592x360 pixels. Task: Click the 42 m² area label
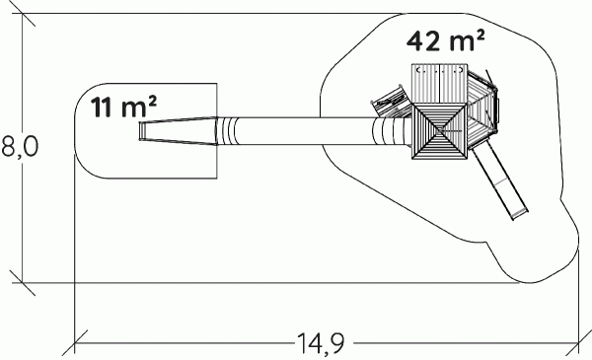[446, 40]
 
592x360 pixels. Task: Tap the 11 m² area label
[123, 107]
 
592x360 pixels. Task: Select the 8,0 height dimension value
[20, 146]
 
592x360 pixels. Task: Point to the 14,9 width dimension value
[322, 343]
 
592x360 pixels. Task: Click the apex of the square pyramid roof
[440, 130]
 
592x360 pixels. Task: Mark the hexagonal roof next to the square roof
[482, 109]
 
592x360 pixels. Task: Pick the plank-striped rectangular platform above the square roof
[439, 84]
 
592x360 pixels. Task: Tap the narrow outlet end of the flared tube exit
[141, 131]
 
